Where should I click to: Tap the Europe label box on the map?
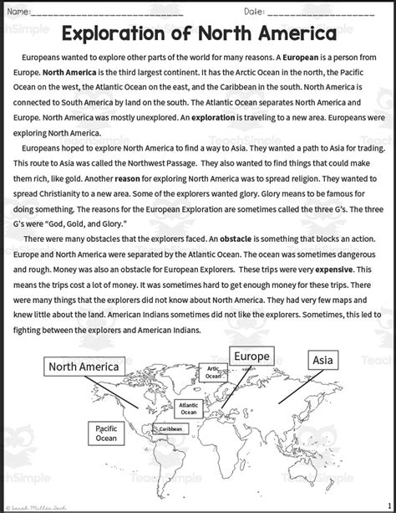(x=251, y=357)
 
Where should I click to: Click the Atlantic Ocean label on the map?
(x=189, y=408)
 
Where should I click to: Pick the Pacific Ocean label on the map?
(x=106, y=433)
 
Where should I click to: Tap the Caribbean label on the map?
(x=170, y=429)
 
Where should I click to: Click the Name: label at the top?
(x=18, y=12)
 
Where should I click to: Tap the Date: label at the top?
(x=255, y=12)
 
